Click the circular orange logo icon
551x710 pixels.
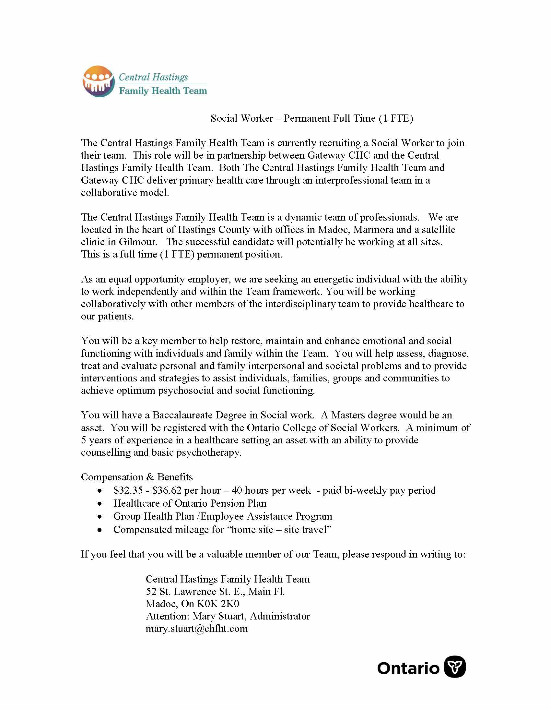point(99,81)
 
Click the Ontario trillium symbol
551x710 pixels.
point(455,667)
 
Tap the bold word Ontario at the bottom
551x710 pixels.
point(408,668)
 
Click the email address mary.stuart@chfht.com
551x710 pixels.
point(196,628)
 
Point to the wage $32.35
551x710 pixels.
point(128,490)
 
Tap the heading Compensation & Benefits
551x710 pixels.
point(137,477)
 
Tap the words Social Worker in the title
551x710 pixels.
point(242,118)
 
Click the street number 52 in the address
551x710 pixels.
point(151,591)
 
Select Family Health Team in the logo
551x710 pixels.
point(163,91)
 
